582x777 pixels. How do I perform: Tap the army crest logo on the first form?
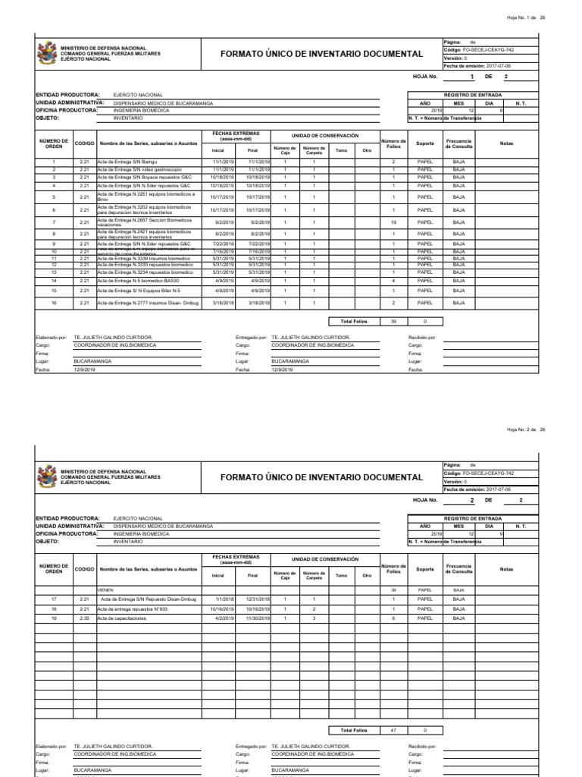tap(47, 53)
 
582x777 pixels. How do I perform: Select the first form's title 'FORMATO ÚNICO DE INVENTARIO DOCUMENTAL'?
tap(321, 55)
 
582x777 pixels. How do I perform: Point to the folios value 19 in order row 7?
tap(393, 222)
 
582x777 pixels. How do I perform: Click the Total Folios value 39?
tap(393, 321)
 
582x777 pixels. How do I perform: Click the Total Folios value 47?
tap(393, 730)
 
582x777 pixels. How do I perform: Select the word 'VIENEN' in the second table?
tap(105, 590)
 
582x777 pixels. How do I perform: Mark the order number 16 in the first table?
tap(54, 303)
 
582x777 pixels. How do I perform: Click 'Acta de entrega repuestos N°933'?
tap(135, 609)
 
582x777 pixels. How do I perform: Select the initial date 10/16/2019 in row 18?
tap(222, 609)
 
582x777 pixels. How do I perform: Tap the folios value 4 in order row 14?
tap(393, 281)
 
